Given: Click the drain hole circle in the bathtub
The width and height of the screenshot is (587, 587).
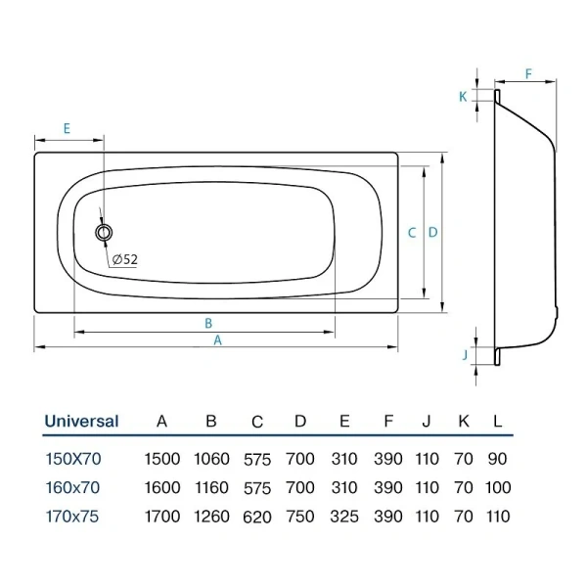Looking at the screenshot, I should click(104, 233).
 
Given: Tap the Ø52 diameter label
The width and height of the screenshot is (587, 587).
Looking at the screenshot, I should click(124, 259).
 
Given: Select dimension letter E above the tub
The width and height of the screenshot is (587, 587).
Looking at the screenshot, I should click(66, 129).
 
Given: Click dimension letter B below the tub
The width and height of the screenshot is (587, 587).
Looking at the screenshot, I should click(208, 323).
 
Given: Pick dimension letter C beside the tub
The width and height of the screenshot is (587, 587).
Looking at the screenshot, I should click(412, 233).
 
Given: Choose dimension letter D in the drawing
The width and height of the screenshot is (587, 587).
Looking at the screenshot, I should click(432, 233).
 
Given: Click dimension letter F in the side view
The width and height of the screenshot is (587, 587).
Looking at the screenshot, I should click(527, 74).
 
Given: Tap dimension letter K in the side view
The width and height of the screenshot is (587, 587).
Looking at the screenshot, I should click(463, 96).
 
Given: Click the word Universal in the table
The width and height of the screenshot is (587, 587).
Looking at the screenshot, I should click(81, 422).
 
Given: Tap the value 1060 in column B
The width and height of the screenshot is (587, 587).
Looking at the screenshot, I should click(210, 458).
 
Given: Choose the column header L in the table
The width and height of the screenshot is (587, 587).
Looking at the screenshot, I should click(498, 422).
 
